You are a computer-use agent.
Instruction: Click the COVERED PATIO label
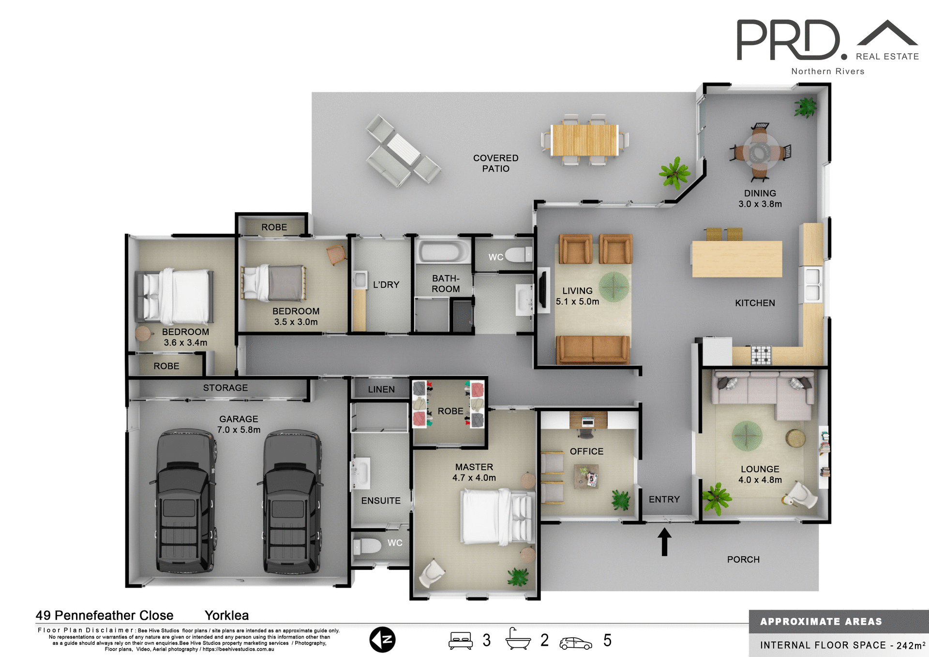tap(495, 163)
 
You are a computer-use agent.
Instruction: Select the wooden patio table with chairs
tap(584, 140)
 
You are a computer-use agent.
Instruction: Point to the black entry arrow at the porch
tap(664, 541)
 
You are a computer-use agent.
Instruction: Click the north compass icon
tap(382, 640)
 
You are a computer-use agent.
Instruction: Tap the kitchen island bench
tap(736, 259)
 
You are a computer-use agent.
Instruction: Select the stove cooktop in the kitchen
tap(761, 354)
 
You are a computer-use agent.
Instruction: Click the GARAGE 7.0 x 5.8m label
tap(239, 424)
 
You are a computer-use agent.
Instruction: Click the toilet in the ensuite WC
tap(368, 546)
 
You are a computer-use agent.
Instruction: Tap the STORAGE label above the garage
tap(225, 388)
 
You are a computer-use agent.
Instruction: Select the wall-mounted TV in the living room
tap(543, 290)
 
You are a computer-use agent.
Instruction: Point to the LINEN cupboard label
tap(381, 389)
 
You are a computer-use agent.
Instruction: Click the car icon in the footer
tap(575, 643)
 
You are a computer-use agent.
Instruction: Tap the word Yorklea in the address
tap(226, 615)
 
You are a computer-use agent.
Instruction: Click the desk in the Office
tap(588, 420)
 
